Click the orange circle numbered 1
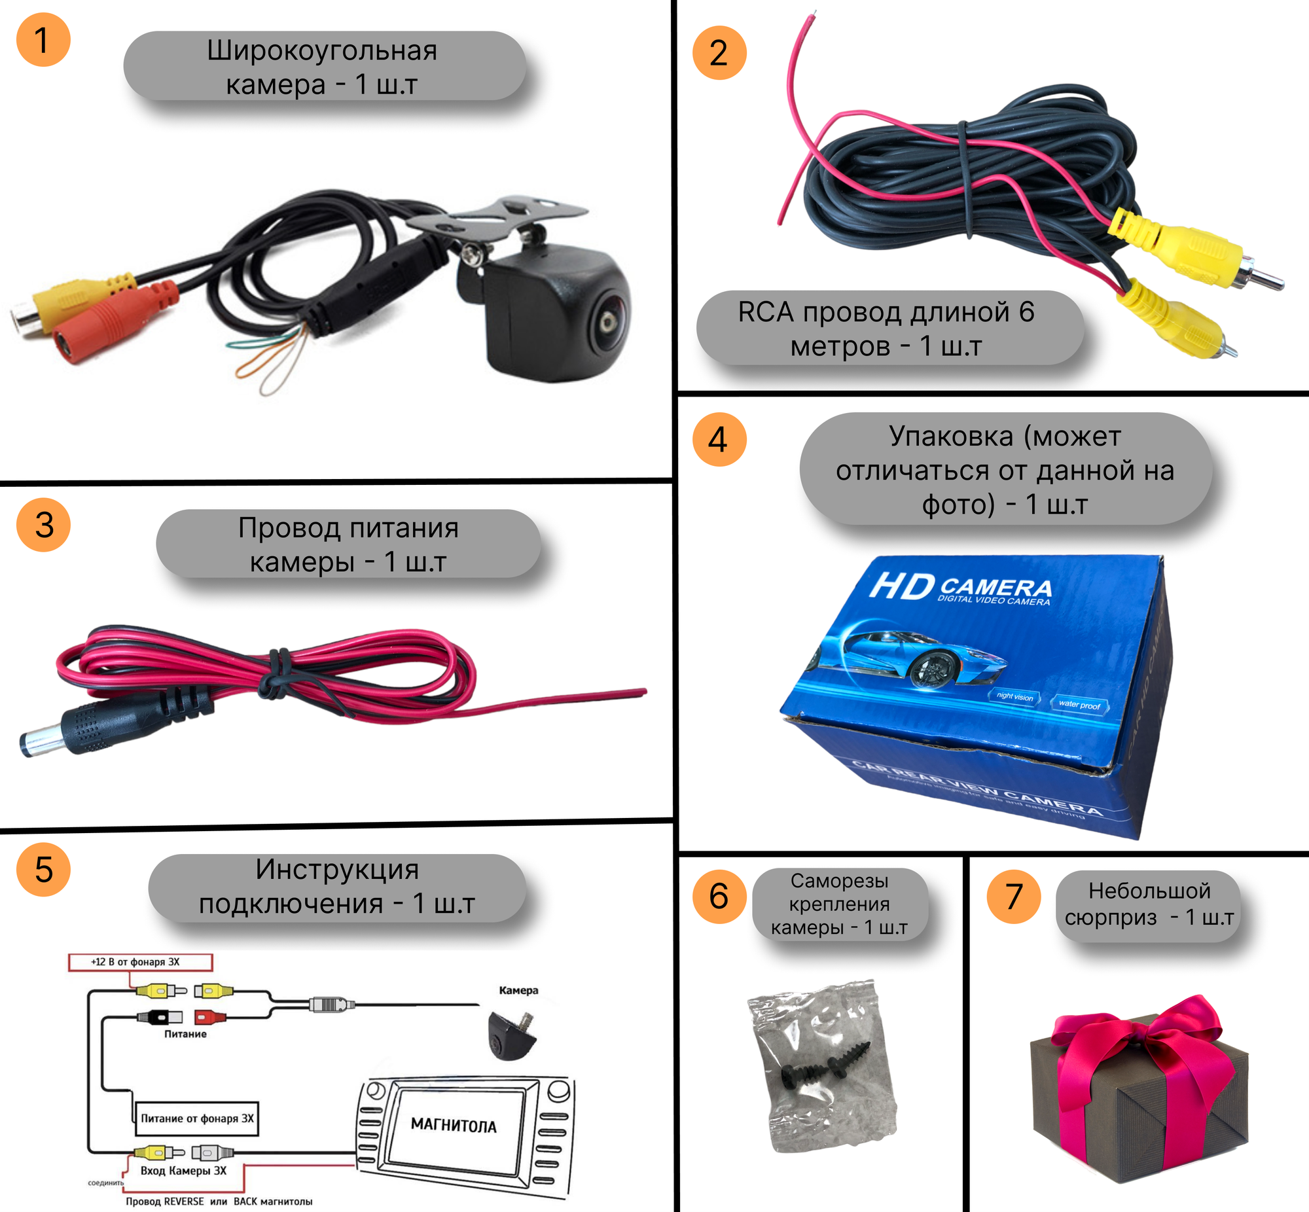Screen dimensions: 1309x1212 coord(43,40)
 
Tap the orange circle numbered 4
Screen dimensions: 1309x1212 coord(719,439)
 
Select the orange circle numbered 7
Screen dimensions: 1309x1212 coord(1013,897)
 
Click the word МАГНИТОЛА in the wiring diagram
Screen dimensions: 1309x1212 coord(453,1126)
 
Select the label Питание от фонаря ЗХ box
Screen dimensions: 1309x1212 coord(196,1118)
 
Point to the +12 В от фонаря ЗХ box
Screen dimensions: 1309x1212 coord(139,962)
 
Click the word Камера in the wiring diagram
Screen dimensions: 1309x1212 coord(518,990)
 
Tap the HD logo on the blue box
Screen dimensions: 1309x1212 coord(902,586)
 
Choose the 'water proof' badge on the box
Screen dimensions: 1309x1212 coord(1079,704)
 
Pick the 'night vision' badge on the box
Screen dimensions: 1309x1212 coord(1014,696)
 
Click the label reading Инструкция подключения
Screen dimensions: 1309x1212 coord(337,887)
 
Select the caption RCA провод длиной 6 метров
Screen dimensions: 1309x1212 coord(886,329)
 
